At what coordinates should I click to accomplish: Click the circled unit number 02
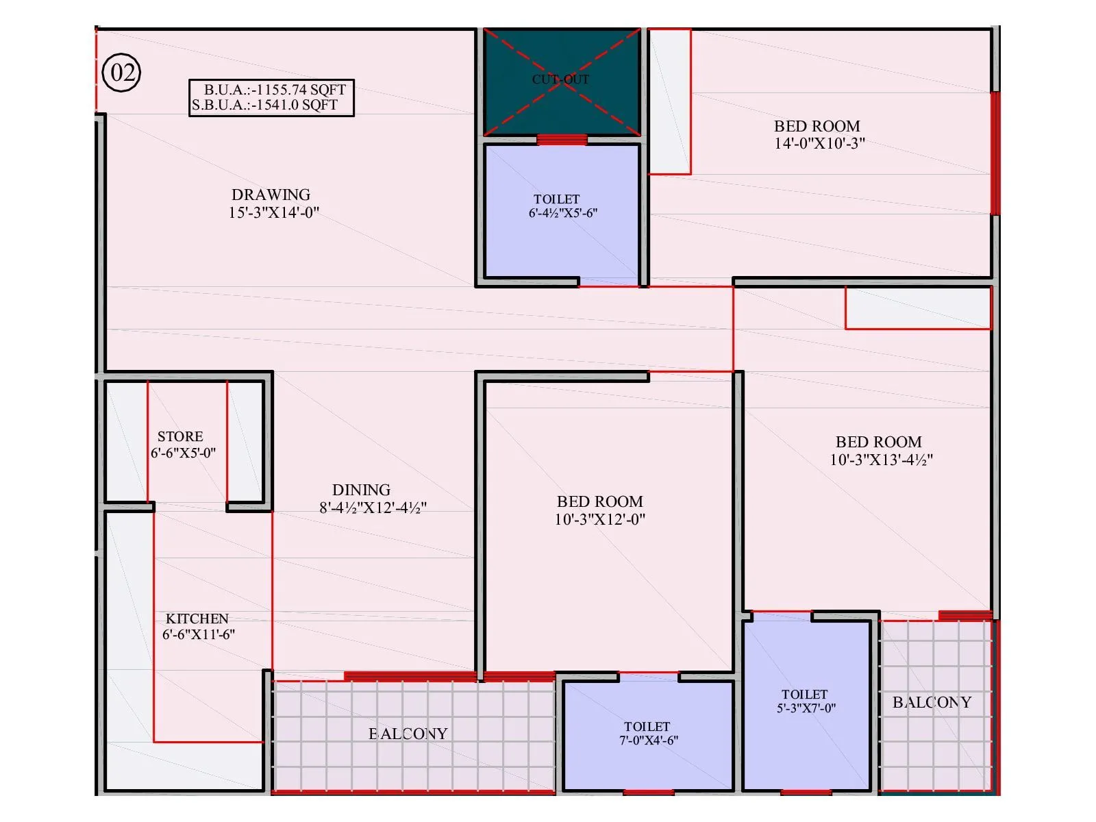pos(121,73)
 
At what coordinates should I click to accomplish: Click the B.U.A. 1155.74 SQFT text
pos(275,90)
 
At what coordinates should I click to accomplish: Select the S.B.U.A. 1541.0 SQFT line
pos(265,105)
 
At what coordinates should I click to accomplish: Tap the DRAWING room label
pos(271,195)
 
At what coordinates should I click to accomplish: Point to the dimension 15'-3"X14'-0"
pos(274,212)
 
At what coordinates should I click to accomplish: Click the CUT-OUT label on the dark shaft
pos(560,79)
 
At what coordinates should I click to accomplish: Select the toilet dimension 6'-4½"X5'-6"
pos(562,213)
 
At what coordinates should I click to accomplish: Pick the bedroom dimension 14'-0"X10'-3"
pos(819,143)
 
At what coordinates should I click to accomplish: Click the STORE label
pos(180,436)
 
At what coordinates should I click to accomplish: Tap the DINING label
pos(361,490)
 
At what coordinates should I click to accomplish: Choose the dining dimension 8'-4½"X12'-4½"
pos(373,508)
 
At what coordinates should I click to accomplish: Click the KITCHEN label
pos(197,619)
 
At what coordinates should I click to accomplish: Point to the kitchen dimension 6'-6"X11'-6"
pos(199,634)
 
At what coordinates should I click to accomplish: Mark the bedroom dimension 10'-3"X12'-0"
pos(599,519)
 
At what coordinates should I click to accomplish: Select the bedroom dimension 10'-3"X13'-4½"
pos(881,460)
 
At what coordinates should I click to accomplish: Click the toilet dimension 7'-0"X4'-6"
pos(648,740)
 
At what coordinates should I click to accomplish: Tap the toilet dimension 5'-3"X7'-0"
pos(806,708)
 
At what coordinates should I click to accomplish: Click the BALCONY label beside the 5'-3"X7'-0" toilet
pos(932,702)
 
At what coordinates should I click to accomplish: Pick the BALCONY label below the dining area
pos(408,734)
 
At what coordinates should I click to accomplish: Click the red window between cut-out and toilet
pos(562,140)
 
